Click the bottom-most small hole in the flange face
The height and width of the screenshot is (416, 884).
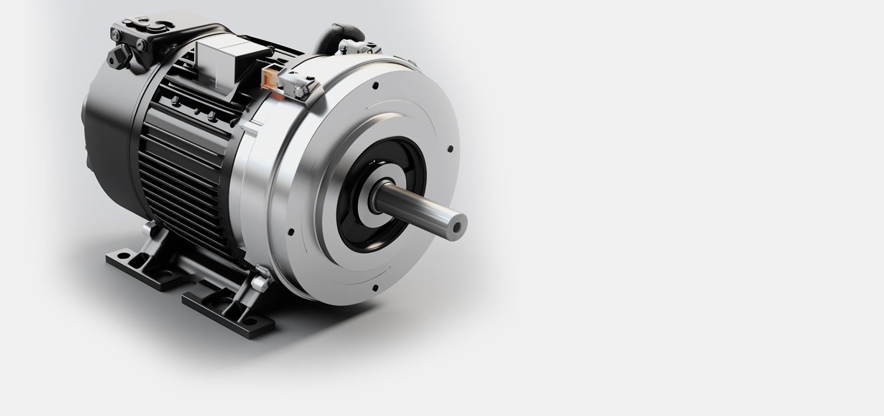pos(375,287)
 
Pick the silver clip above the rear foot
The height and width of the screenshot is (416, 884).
pos(150,229)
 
